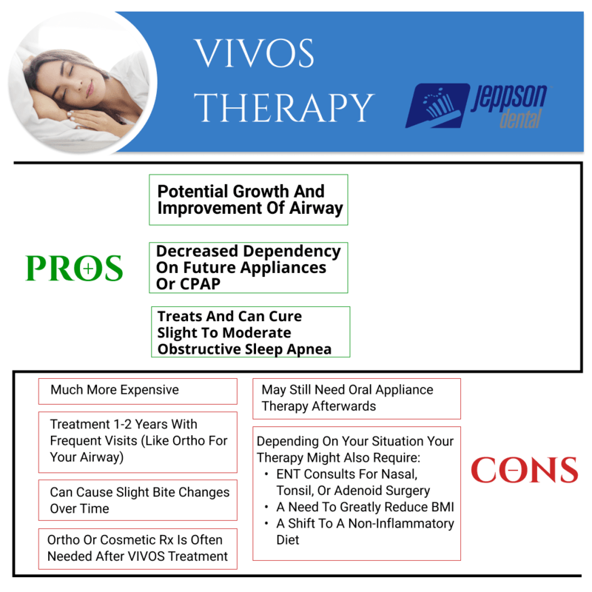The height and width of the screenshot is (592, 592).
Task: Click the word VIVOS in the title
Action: pyautogui.click(x=254, y=53)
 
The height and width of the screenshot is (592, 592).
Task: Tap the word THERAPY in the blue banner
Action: pyautogui.click(x=284, y=108)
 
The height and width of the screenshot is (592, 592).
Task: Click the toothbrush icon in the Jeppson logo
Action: pyautogui.click(x=438, y=105)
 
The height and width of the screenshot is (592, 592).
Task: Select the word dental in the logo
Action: pyautogui.click(x=521, y=119)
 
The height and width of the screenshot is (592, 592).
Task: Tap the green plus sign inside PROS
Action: pyautogui.click(x=88, y=269)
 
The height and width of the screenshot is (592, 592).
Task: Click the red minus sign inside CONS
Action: pyautogui.click(x=513, y=470)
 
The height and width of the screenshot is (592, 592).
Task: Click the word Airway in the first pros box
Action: pyautogui.click(x=316, y=209)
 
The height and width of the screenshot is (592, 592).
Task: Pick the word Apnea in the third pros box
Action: pyautogui.click(x=309, y=349)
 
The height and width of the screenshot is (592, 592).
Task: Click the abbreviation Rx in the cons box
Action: pyautogui.click(x=166, y=540)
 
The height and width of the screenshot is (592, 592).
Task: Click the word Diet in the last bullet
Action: pyautogui.click(x=288, y=540)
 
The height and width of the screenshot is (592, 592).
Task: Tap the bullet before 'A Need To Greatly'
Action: pyautogui.click(x=266, y=507)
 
